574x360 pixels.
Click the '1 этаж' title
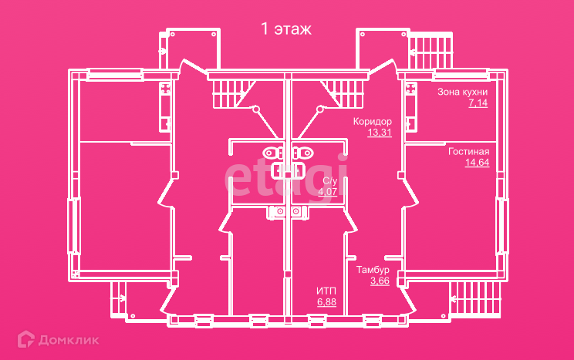tap(286, 30)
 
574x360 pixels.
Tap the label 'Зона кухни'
tap(462, 92)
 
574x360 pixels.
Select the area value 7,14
tap(478, 103)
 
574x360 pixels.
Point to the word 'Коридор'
tap(373, 122)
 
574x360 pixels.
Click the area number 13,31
tap(380, 133)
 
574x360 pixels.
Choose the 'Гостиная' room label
tap(468, 151)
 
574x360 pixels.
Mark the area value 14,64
tap(476, 162)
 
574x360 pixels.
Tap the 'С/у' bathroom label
tap(329, 180)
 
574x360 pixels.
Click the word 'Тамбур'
tap(373, 270)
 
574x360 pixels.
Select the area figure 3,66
tap(380, 281)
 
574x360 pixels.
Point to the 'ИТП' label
tap(326, 291)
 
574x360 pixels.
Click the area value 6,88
tap(326, 301)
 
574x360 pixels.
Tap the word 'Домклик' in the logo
tap(69, 338)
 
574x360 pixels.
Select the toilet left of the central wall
tap(272, 152)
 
